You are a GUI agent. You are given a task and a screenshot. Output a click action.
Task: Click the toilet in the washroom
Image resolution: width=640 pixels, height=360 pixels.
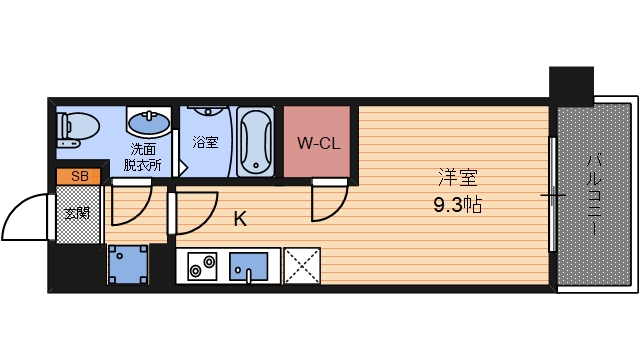pos(78,129)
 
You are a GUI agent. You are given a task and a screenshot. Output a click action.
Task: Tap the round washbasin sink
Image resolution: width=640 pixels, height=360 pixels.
pos(149,121)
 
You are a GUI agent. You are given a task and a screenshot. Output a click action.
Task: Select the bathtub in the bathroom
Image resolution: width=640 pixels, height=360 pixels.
pos(256,141)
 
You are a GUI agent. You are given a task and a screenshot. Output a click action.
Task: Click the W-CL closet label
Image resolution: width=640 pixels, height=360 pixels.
pos(318,143)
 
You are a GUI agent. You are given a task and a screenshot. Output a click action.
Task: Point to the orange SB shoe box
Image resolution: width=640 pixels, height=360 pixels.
pos(78,176)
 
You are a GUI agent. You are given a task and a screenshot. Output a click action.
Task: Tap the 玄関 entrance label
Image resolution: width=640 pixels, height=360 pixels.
pos(78,213)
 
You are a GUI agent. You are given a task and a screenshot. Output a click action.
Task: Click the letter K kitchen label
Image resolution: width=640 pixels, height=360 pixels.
pos(240,219)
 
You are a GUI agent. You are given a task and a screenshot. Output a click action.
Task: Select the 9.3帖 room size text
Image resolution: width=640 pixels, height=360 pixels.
pos(458,204)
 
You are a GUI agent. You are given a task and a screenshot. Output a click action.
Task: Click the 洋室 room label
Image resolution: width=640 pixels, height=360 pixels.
pos(458,177)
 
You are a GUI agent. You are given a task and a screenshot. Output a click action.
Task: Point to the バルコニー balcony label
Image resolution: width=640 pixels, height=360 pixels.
pos(594,194)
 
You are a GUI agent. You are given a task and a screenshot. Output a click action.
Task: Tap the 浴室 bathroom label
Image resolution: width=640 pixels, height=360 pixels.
pos(205,142)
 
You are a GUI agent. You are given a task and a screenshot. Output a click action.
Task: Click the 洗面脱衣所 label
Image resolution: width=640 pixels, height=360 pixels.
pos(143,157)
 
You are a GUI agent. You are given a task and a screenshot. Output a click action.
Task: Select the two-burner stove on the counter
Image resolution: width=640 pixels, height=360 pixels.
pos(202,266)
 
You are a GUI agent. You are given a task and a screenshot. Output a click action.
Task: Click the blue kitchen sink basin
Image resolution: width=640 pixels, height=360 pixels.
pos(248,267)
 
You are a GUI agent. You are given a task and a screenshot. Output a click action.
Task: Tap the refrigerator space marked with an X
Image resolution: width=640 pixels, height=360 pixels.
pos(302,266)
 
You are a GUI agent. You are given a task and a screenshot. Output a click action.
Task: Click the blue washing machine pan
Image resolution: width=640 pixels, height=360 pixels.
pos(128,264)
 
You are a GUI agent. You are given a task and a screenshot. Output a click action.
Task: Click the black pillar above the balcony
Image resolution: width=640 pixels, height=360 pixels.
pos(571,86)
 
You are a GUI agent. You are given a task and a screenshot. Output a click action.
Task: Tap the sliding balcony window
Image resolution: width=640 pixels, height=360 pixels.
pos(553,194)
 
